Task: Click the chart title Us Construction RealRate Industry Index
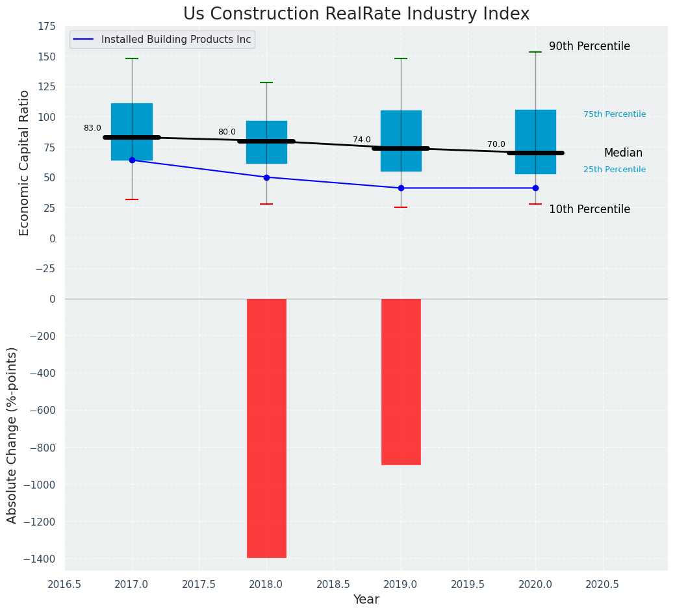[356, 14]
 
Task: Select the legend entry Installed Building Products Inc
[175, 40]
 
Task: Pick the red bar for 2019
[401, 381]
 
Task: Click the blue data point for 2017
[132, 160]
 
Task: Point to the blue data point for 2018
[266, 177]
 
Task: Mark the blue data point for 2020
[535, 188]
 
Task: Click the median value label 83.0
[92, 128]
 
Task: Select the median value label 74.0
[362, 140]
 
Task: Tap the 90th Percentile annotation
[589, 47]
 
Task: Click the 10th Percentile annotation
[589, 209]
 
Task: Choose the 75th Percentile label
[615, 114]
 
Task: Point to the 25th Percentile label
[615, 170]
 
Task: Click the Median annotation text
[623, 153]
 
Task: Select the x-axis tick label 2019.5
[468, 584]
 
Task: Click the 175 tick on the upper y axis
[46, 27]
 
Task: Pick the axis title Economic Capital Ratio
[24, 162]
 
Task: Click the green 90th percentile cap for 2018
[266, 83]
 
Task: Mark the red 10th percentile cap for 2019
[401, 207]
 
